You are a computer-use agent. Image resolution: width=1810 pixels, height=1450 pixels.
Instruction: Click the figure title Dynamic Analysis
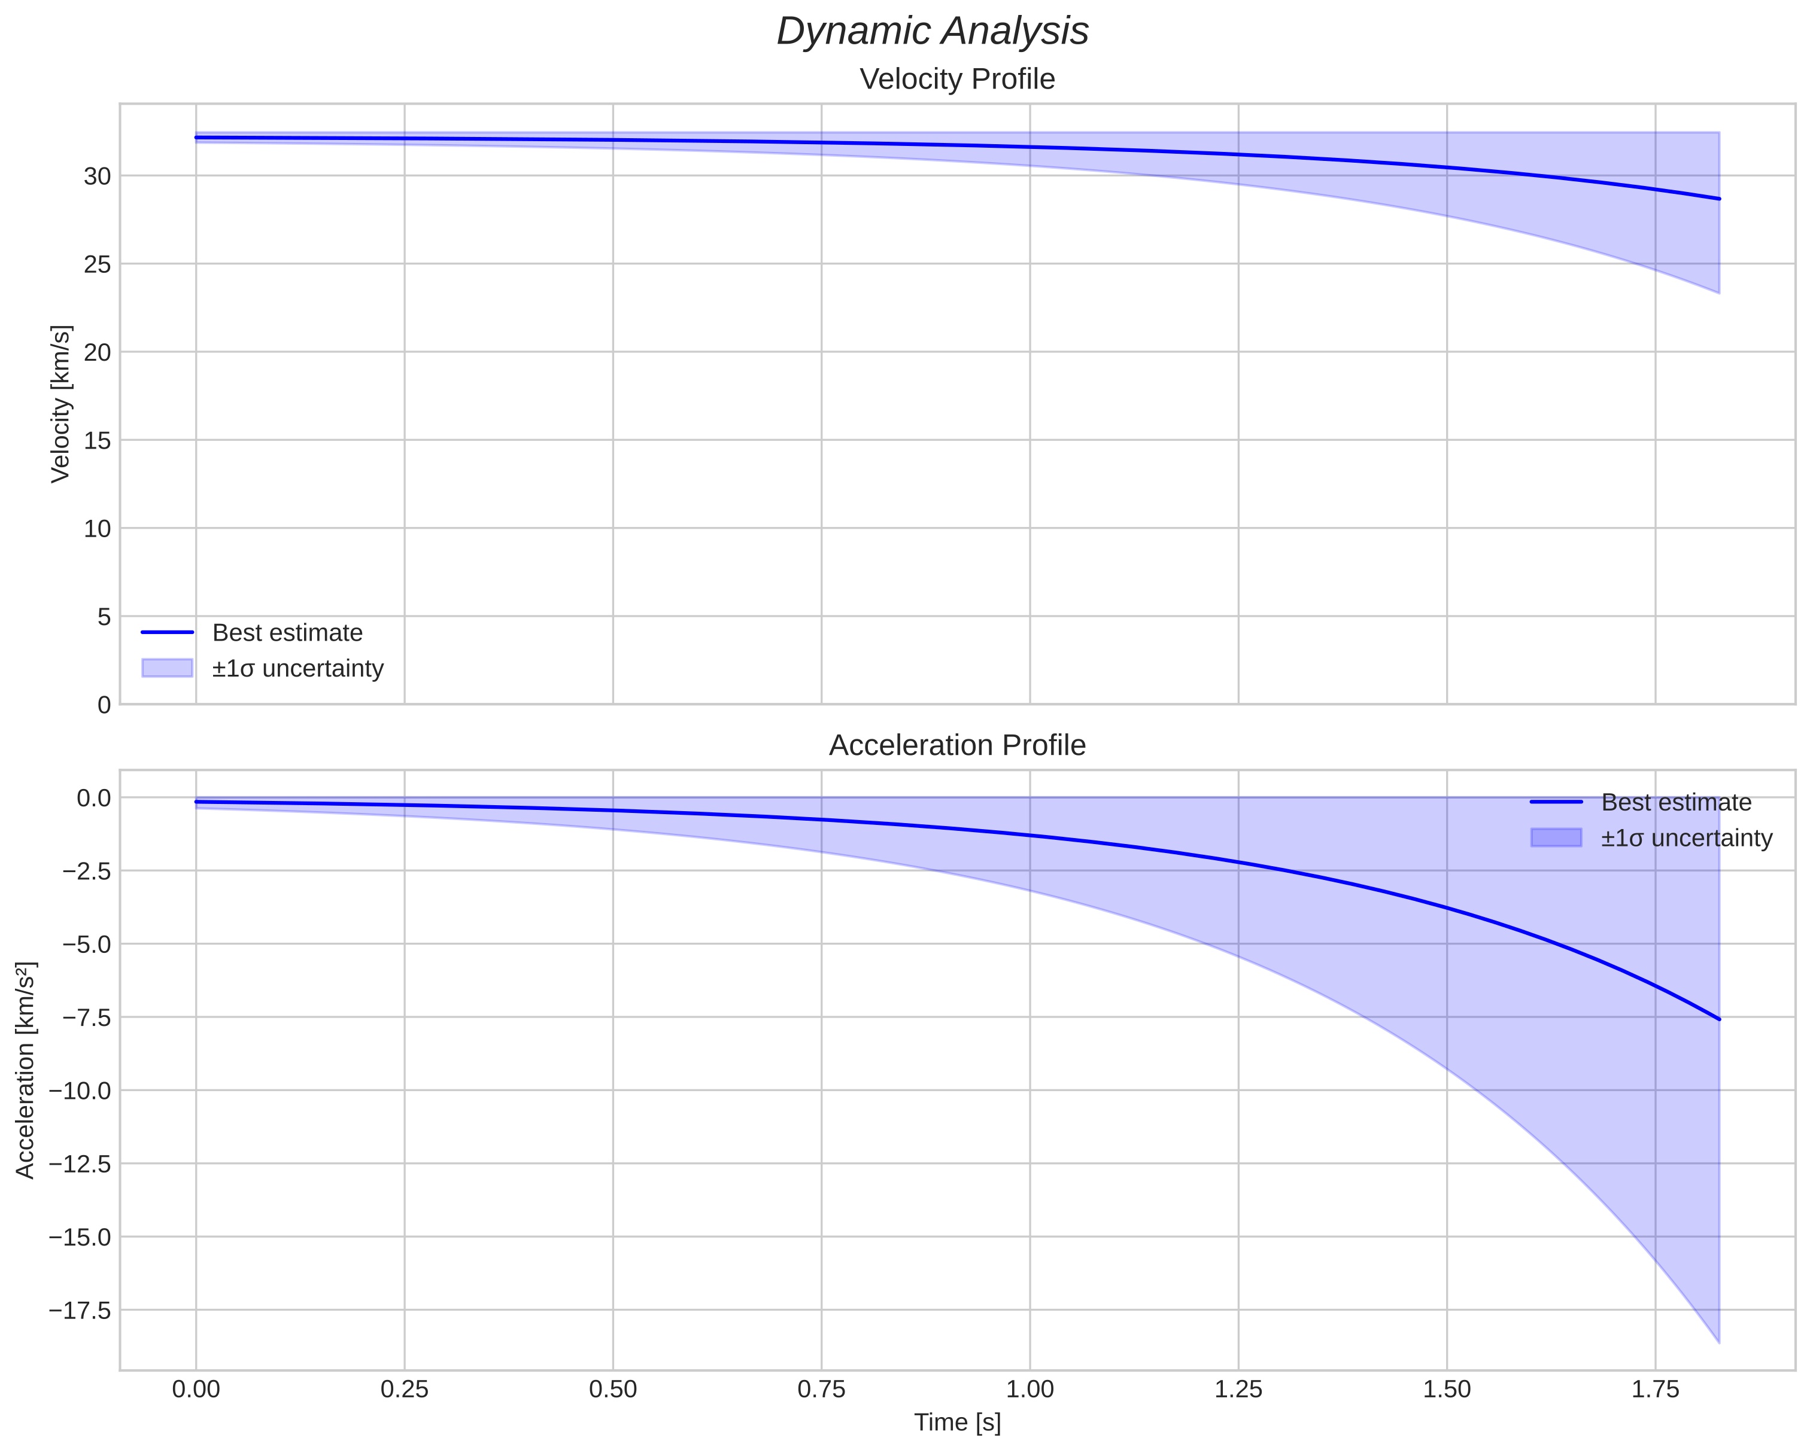point(932,32)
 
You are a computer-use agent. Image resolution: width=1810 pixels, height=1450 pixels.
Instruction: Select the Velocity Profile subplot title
point(957,79)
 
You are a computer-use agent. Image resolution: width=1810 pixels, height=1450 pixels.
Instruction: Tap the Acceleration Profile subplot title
point(957,745)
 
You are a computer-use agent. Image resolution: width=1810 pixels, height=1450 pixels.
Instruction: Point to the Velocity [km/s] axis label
point(60,404)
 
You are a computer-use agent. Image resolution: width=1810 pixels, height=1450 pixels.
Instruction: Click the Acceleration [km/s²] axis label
point(25,1070)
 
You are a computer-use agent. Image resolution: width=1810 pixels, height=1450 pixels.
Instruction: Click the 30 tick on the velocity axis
point(98,176)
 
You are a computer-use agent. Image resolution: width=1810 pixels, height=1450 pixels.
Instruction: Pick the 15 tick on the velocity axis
point(98,440)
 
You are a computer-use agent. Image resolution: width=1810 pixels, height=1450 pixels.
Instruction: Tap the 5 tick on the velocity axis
point(104,617)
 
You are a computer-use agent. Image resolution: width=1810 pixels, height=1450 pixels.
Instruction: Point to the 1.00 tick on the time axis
point(1029,1389)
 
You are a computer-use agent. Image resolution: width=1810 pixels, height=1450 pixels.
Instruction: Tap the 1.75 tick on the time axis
point(1655,1389)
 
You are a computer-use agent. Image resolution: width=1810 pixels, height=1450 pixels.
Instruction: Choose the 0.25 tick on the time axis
point(404,1389)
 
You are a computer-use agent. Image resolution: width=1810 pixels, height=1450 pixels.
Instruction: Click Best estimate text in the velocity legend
point(287,633)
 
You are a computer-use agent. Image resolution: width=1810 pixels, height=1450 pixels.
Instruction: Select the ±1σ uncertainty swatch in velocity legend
point(167,668)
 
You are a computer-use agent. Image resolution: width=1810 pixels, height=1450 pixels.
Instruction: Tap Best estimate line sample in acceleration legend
point(1556,802)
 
